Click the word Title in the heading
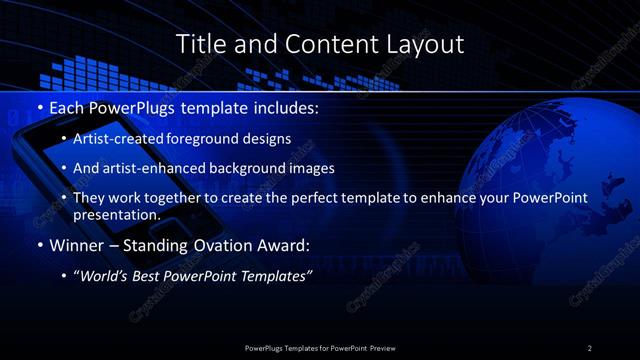200,44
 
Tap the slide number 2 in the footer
589,347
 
